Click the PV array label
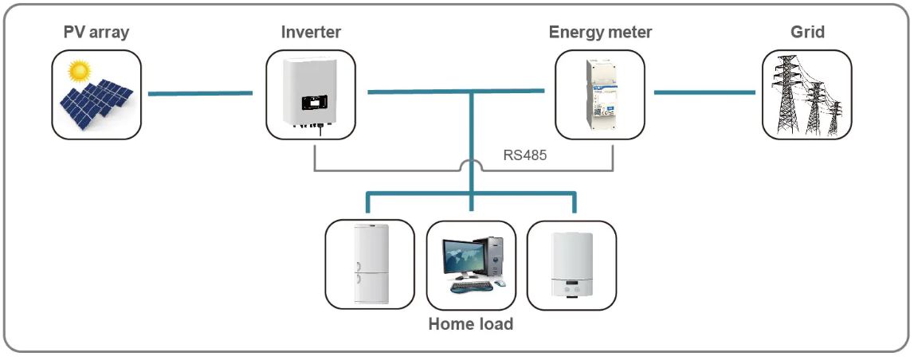[96, 33]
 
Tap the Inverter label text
[311, 33]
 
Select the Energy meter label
[600, 33]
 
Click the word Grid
[807, 33]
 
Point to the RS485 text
[524, 156]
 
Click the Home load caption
[470, 324]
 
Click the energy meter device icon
[600, 94]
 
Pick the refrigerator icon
[369, 264]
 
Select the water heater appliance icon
[571, 265]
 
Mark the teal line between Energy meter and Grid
[704, 92]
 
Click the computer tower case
[496, 256]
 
